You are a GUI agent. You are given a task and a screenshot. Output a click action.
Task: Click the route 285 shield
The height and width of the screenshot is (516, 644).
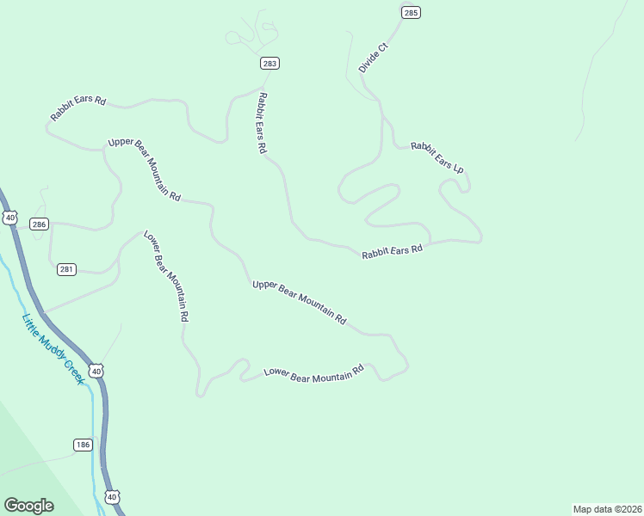[x=411, y=12]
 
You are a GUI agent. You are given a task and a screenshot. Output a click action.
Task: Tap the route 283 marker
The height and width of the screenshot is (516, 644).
[x=270, y=64]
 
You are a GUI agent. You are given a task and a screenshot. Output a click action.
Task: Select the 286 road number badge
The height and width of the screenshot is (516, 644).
[x=39, y=224]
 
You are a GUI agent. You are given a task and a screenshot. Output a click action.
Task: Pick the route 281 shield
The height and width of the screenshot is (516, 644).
[x=67, y=269]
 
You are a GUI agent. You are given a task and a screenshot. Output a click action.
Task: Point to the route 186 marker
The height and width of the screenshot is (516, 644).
[x=83, y=445]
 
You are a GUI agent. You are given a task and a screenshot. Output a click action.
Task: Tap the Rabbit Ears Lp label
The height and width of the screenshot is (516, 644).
[x=437, y=157]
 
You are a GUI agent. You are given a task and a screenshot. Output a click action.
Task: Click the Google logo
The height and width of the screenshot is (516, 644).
[x=28, y=506]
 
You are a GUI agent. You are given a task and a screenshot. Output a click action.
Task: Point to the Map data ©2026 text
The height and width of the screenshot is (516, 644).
[x=607, y=508]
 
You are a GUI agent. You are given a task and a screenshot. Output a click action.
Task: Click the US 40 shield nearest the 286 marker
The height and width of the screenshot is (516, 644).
[x=10, y=218]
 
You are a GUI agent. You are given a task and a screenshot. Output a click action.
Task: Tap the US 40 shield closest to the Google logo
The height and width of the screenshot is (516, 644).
[x=114, y=497]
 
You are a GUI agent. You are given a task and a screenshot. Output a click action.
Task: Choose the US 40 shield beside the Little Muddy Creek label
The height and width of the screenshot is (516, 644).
[x=97, y=371]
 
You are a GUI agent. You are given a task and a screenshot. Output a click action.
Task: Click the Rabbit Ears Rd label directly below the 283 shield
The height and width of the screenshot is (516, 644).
[x=262, y=123]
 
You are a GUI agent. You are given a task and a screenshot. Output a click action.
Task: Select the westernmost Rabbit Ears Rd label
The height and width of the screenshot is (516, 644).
[x=77, y=107]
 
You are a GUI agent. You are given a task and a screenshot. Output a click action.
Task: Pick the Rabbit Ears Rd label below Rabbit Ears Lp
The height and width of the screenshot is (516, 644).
[x=393, y=251]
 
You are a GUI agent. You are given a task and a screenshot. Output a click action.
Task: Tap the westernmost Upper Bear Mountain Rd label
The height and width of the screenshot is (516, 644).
[x=145, y=169]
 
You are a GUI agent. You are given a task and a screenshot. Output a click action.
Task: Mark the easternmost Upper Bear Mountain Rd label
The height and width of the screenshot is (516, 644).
[x=300, y=302]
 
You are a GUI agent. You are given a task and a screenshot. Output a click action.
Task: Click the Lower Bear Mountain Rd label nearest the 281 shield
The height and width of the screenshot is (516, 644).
[x=165, y=276]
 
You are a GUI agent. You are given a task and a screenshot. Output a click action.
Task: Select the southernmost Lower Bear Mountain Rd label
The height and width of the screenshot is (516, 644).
[x=314, y=373]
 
